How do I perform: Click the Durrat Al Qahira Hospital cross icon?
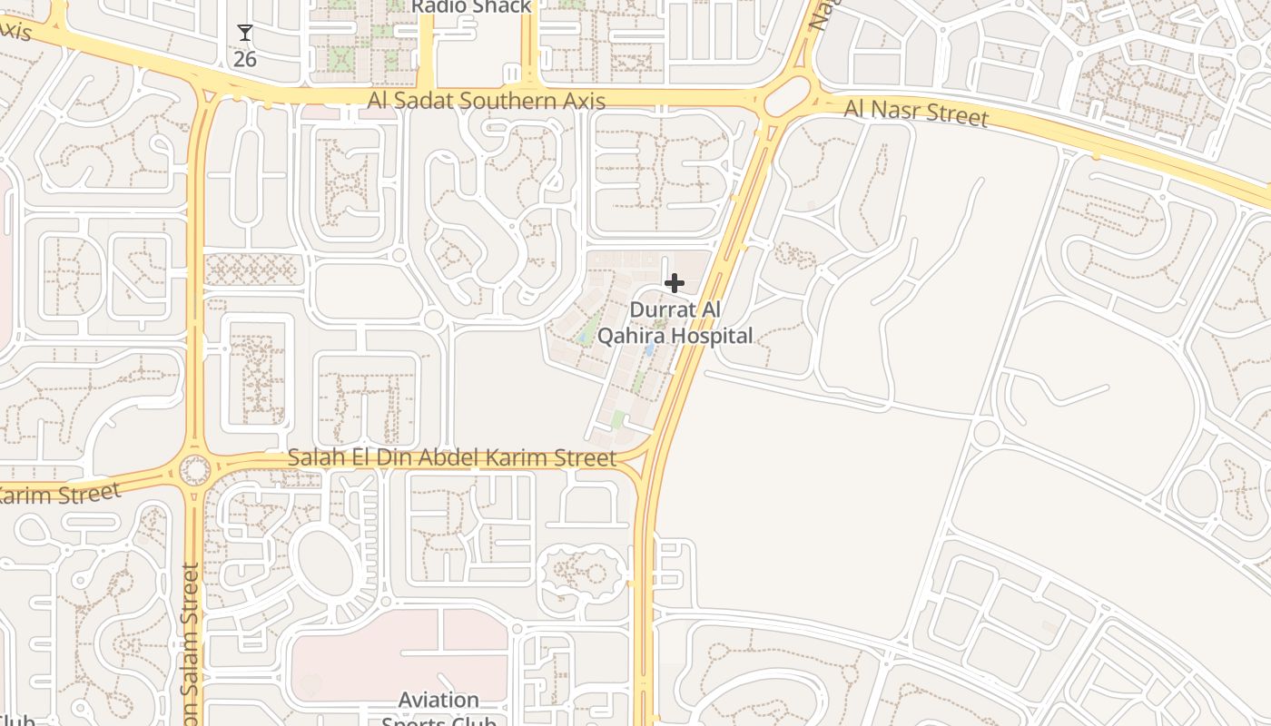[674, 283]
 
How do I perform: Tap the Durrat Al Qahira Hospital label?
[675, 323]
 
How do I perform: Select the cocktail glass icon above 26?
[244, 34]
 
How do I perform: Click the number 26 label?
[244, 60]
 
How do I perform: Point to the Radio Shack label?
[471, 6]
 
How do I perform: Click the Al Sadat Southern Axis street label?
[487, 101]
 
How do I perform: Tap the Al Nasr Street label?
[916, 113]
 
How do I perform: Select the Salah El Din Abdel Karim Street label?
[452, 457]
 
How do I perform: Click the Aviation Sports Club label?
[438, 710]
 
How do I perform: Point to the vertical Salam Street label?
[190, 644]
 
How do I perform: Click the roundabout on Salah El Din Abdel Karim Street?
[194, 470]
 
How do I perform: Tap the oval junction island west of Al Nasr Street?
[788, 96]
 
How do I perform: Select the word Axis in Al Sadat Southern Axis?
[585, 101]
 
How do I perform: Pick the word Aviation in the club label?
[438, 700]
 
